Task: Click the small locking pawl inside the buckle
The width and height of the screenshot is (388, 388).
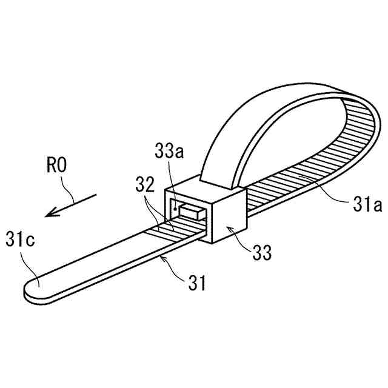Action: (191, 212)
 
